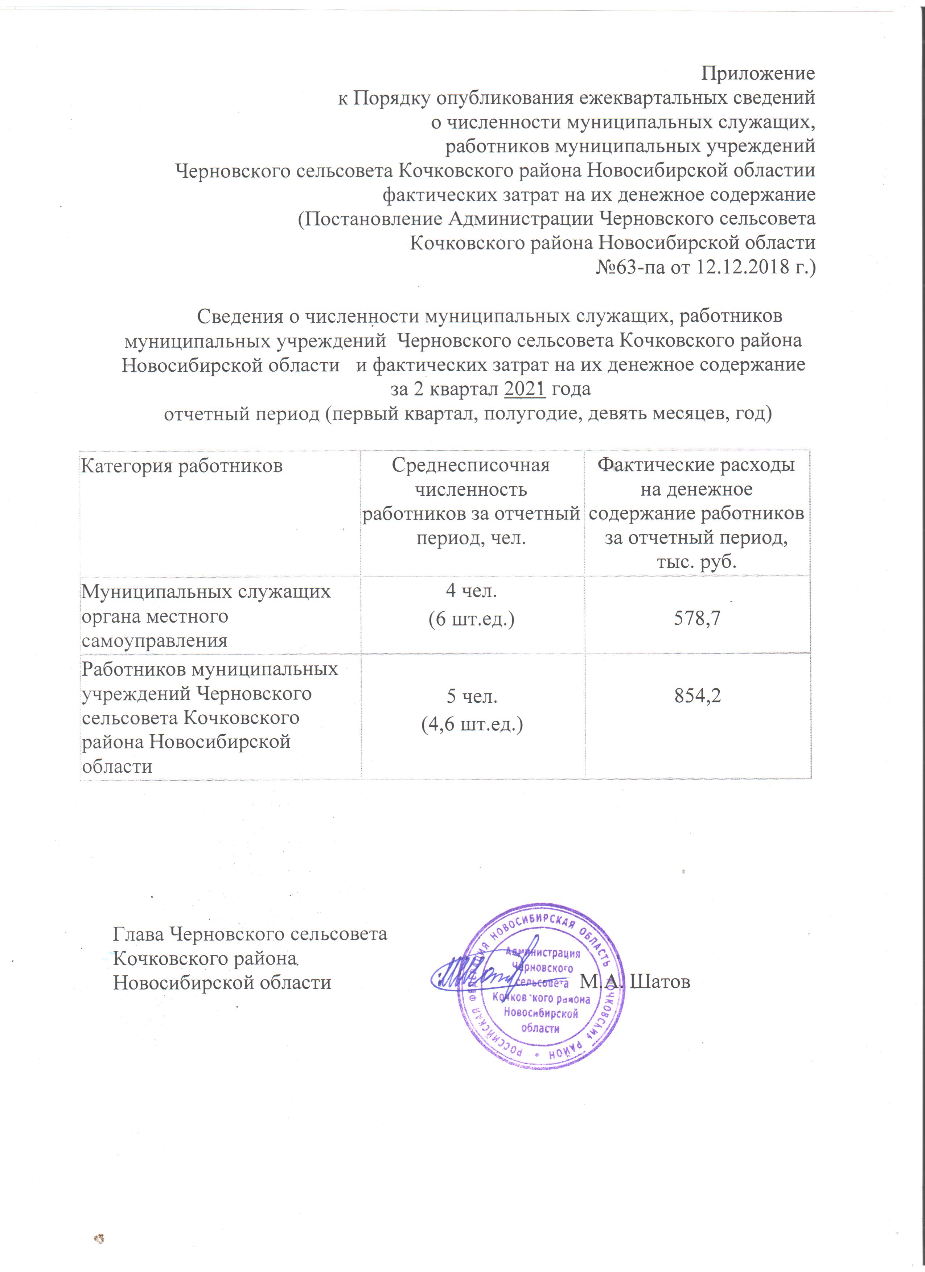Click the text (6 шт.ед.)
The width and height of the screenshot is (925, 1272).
coord(471,619)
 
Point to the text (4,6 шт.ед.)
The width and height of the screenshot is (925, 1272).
coord(472,724)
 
